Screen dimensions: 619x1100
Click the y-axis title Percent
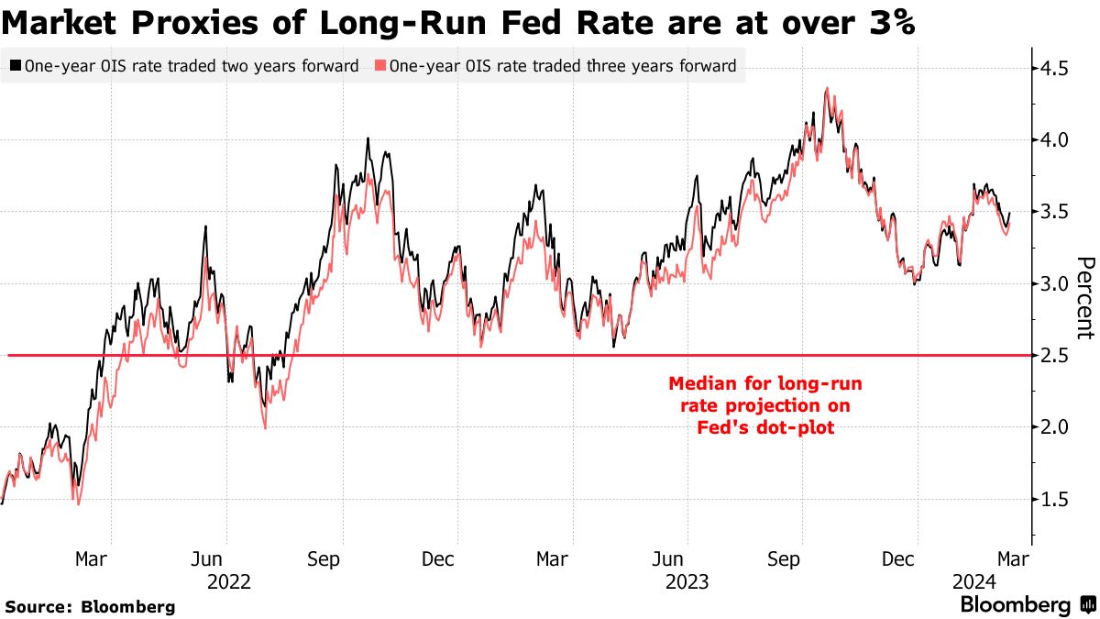(1084, 298)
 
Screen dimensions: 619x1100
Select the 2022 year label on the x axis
(229, 581)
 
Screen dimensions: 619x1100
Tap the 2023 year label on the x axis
(688, 581)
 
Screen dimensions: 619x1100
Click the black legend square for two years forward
(16, 66)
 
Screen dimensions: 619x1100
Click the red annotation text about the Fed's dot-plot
(764, 404)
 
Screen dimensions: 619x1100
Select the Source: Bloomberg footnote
(90, 606)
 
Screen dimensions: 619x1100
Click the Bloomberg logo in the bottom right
(1027, 605)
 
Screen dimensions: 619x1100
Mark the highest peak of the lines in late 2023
(828, 89)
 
